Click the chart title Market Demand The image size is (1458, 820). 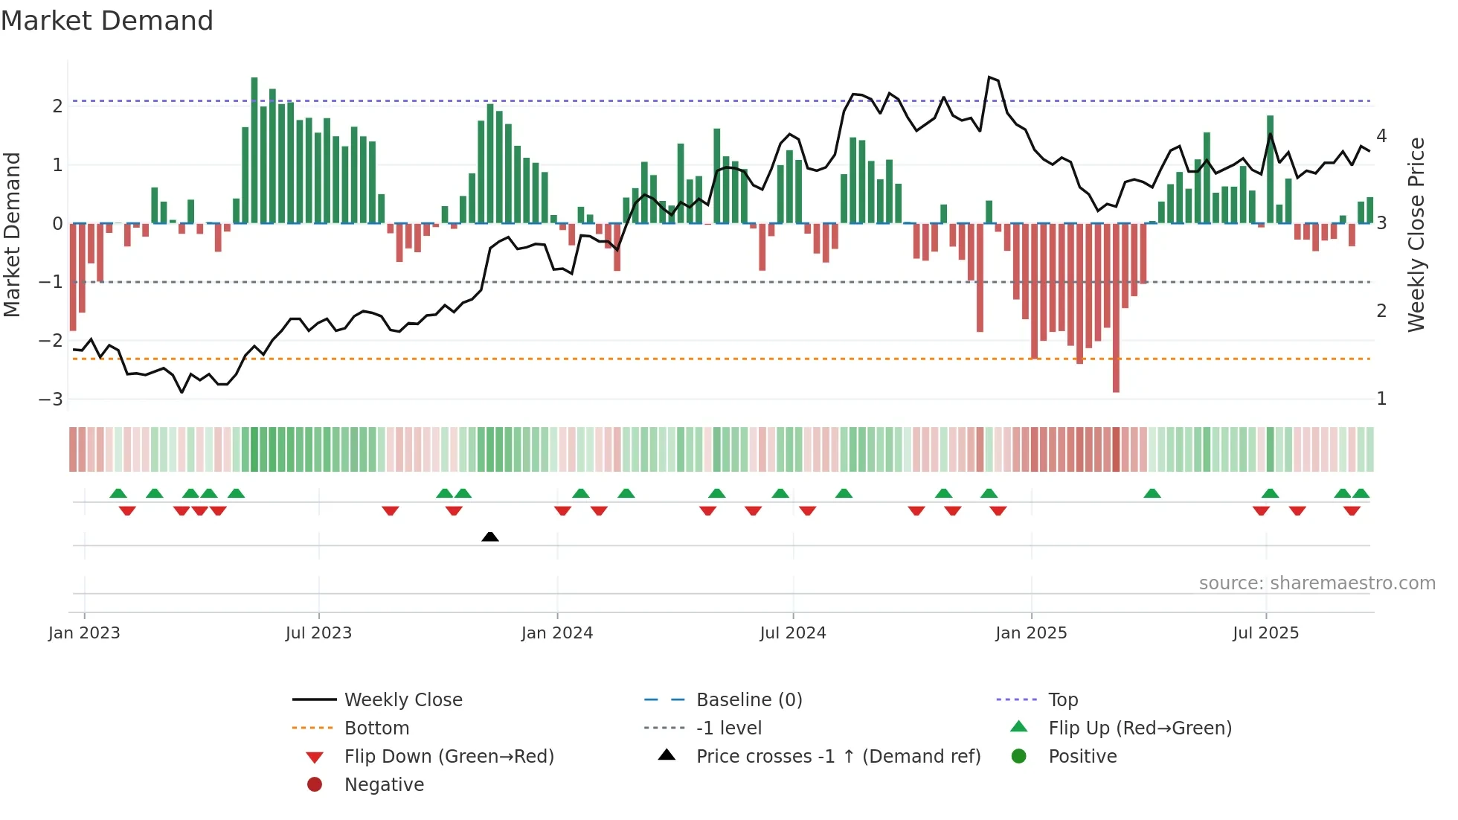coord(107,20)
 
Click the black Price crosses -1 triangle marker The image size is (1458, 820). coord(490,536)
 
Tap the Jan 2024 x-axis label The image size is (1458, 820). coord(557,633)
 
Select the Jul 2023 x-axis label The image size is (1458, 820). coord(318,633)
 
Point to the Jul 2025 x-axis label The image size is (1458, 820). coord(1265,633)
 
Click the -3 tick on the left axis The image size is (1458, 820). coord(51,400)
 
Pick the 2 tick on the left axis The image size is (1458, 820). coord(57,106)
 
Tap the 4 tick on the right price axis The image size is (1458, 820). coord(1381,136)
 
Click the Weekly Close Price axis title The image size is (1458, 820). coord(1416,234)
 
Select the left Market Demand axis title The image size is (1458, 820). coord(12,234)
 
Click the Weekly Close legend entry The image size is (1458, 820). coord(403,700)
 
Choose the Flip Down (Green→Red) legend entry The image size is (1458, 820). coord(449,757)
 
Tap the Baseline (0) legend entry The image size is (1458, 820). coord(749,700)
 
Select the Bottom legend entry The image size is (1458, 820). coord(376,728)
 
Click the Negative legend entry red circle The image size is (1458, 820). coord(315,785)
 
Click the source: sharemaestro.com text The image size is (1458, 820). coord(1317,583)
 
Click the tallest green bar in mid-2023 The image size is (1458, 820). coord(254,149)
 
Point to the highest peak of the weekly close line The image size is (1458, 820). coord(989,77)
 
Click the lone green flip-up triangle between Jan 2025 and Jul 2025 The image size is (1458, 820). coord(1152,493)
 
